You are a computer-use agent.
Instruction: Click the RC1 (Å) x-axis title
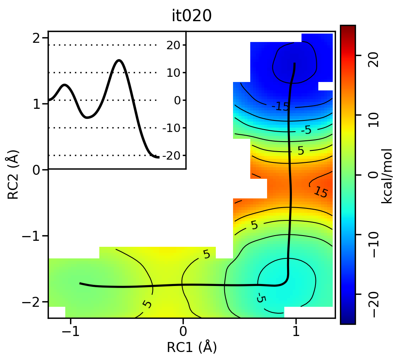tap(192, 347)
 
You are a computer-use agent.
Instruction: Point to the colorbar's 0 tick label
tap(374, 175)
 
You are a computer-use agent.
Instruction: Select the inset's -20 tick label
tap(171, 155)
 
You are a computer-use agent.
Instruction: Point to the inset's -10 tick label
tap(171, 128)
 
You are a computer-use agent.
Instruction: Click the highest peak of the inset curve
tap(119, 60)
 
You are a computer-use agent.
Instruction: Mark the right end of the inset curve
tap(159, 157)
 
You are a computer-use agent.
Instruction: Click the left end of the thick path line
tap(80, 283)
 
